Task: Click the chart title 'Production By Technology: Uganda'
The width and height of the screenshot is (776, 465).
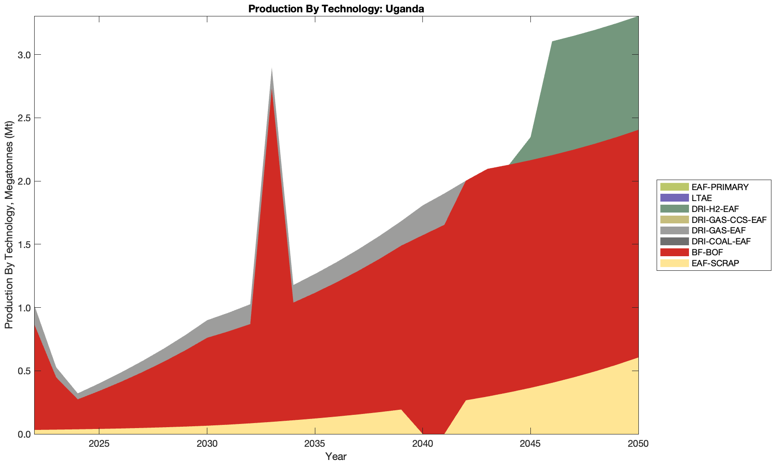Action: [x=336, y=9]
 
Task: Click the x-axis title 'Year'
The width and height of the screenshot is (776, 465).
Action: [x=336, y=456]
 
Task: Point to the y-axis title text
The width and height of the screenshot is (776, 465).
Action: [x=9, y=225]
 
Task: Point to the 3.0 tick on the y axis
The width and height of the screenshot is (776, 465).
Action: [x=22, y=55]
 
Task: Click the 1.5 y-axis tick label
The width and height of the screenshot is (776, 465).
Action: [x=22, y=244]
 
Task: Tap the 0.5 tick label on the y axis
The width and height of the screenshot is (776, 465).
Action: [x=22, y=371]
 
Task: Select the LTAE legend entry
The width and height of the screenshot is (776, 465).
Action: [x=701, y=198]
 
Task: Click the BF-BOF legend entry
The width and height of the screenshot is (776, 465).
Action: [x=707, y=253]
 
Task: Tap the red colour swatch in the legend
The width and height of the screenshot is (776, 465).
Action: [x=674, y=253]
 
